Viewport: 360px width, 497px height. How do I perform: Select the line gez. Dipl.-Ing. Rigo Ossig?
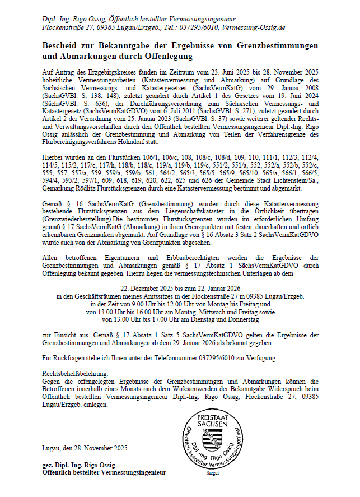(x=79, y=466)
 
